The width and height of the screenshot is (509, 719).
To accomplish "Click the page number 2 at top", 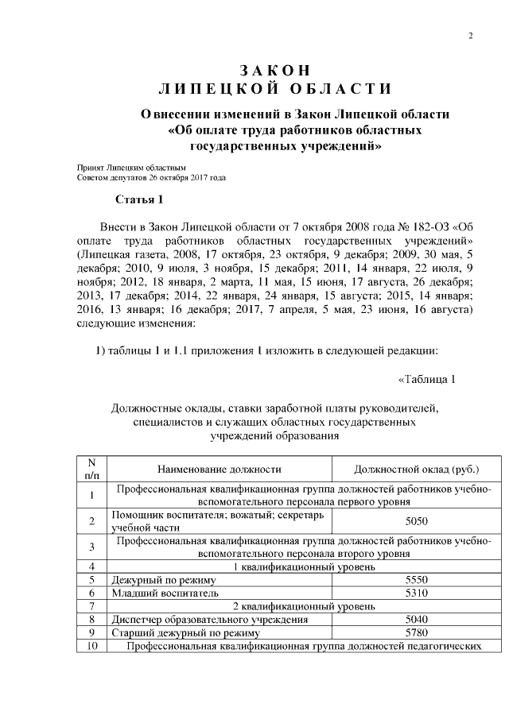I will pos(471,36).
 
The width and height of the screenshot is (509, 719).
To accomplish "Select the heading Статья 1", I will pos(139,199).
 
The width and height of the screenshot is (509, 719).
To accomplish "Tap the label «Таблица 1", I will pos(426,378).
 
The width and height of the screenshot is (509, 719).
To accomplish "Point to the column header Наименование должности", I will pos(220,470).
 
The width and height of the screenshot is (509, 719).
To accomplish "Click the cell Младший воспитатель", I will pos(153,593).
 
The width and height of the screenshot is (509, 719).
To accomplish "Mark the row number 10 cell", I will pos(92,646).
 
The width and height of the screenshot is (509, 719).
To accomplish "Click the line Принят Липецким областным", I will pos(130,168).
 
